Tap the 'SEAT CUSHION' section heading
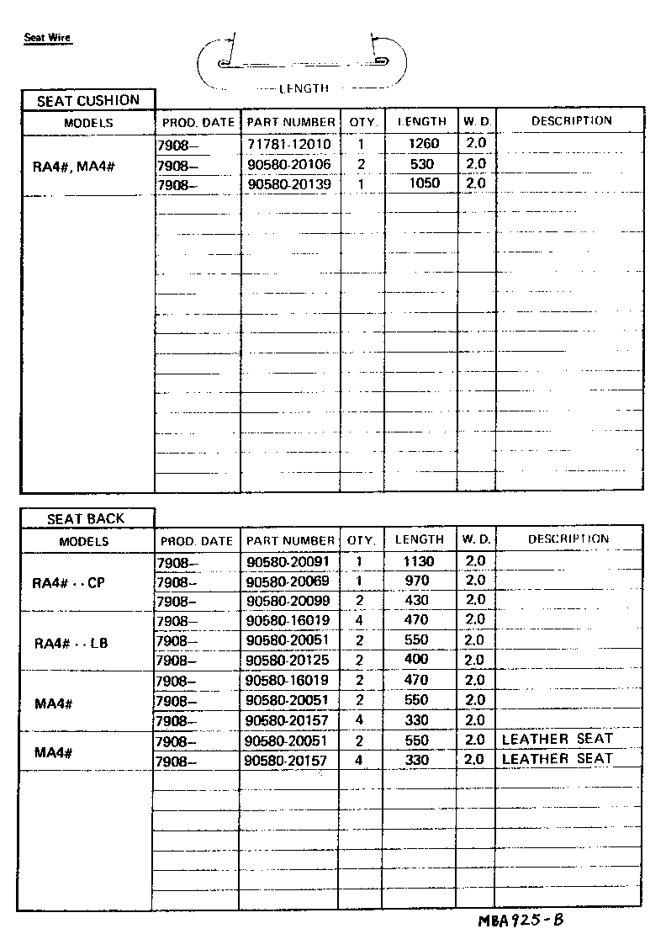point(87,101)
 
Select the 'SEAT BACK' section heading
point(87,519)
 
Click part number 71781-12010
point(289,145)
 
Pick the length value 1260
point(423,145)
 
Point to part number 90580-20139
point(289,183)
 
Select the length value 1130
point(418,561)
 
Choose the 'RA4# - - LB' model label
point(71,644)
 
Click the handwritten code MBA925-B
point(521,920)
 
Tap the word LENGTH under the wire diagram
point(304,88)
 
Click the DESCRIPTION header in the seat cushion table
point(571,121)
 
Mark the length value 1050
point(423,183)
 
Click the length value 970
point(416,581)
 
